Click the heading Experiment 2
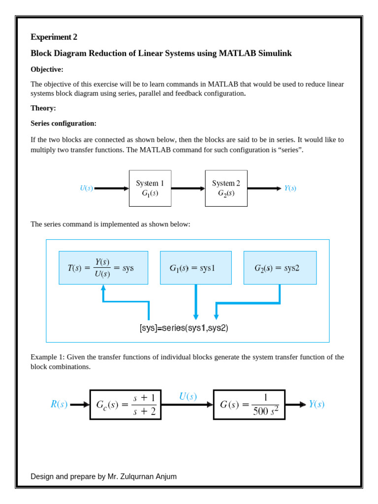click(54, 37)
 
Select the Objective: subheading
click(47, 69)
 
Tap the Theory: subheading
click(43, 108)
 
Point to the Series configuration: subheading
click(63, 123)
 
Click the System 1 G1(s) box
click(150, 188)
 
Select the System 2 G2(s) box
click(226, 188)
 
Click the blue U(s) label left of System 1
click(86, 188)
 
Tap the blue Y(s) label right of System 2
click(290, 188)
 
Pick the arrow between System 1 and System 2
click(188, 188)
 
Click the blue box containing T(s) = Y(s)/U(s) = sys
click(103, 268)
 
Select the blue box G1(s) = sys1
click(195, 268)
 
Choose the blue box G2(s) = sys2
click(280, 268)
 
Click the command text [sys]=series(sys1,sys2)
click(184, 328)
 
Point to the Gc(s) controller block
click(126, 405)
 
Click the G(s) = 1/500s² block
click(249, 405)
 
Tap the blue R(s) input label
click(59, 405)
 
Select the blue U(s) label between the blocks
click(188, 397)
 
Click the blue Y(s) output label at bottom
click(316, 405)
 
